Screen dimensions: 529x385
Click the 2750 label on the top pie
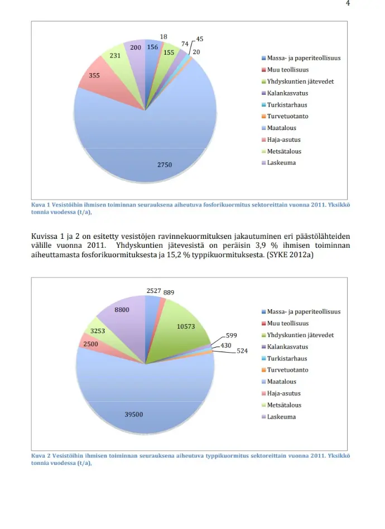tap(164, 165)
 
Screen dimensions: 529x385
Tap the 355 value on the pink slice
tap(94, 75)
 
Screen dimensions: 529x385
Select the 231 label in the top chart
tap(115, 56)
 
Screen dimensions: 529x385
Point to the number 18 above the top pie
tap(163, 37)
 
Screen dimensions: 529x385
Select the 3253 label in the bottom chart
tap(98, 331)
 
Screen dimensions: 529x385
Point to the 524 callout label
tap(242, 351)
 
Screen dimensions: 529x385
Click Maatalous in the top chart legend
tap(282, 128)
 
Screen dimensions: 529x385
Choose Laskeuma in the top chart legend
tap(281, 163)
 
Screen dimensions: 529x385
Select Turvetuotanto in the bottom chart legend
tap(287, 370)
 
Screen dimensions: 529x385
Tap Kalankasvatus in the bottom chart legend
tap(287, 347)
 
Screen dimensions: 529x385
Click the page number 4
tap(348, 3)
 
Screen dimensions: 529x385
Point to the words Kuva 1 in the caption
tap(41, 205)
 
